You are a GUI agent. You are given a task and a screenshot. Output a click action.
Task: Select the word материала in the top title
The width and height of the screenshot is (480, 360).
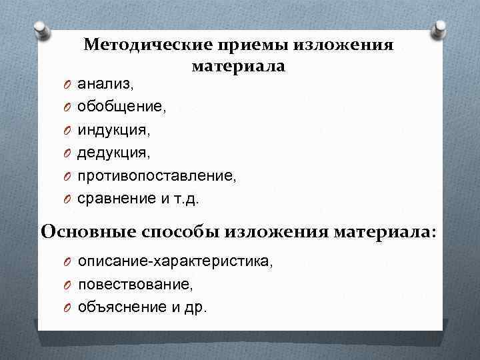tap(238, 67)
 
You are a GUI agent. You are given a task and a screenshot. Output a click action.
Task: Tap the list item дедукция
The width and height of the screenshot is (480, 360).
tap(114, 153)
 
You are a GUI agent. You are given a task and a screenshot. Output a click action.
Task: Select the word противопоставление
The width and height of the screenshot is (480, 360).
tap(157, 176)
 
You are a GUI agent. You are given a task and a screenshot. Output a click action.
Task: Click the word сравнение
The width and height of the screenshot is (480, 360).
tap(113, 199)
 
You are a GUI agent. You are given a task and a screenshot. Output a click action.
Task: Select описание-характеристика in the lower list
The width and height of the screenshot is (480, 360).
tap(175, 262)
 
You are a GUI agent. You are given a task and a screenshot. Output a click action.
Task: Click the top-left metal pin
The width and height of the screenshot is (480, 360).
tap(41, 30)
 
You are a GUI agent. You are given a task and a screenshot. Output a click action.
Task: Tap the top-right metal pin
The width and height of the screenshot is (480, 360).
tap(439, 30)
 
